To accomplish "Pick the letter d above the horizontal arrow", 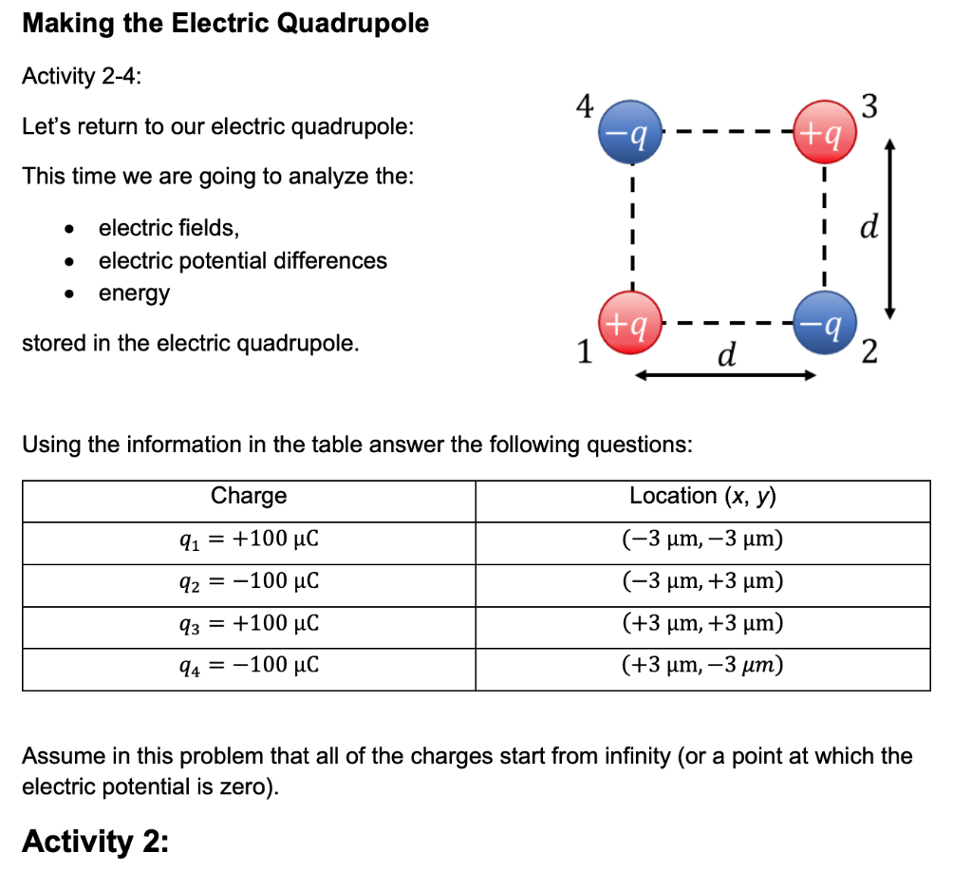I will pyautogui.click(x=727, y=354).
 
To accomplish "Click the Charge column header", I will pyautogui.click(x=249, y=496).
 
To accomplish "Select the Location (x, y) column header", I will pyautogui.click(x=702, y=496).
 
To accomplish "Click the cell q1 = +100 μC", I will pyautogui.click(x=249, y=540).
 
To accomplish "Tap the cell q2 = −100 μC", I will pyautogui.click(x=249, y=580).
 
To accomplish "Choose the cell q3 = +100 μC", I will pyautogui.click(x=249, y=623).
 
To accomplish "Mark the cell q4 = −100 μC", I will pyautogui.click(x=249, y=665).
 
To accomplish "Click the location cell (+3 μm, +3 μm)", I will pyautogui.click(x=702, y=623).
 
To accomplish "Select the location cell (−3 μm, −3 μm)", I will pyautogui.click(x=702, y=540).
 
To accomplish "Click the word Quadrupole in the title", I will pyautogui.click(x=353, y=24).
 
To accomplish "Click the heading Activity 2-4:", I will pyautogui.click(x=82, y=77).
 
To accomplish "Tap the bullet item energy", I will pyautogui.click(x=134, y=293).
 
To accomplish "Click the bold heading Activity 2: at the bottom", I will pyautogui.click(x=94, y=841).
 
